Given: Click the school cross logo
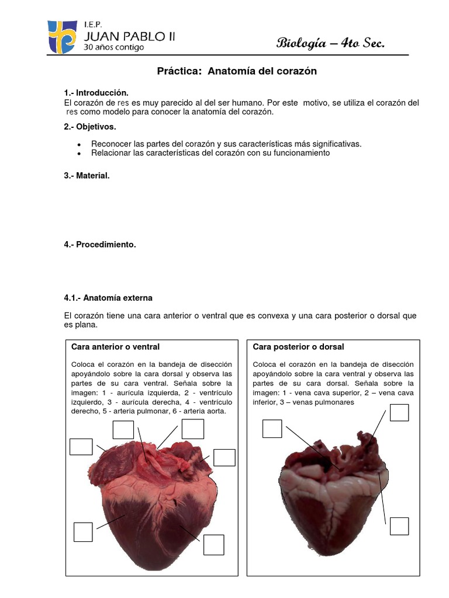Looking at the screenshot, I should [x=61, y=36].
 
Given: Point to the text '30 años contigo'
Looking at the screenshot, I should [x=113, y=47].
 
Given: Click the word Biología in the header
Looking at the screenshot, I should [x=304, y=43].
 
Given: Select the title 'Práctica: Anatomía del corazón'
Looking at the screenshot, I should [x=237, y=71].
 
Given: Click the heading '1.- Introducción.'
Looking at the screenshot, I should [x=95, y=93].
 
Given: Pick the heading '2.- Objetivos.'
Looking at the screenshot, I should [x=90, y=126].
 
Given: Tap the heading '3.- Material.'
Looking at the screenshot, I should [x=87, y=175].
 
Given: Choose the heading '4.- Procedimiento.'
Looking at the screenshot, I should [x=99, y=245].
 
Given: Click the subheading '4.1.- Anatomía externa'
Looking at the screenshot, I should [x=108, y=298].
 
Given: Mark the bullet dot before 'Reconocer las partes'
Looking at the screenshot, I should [x=78, y=144].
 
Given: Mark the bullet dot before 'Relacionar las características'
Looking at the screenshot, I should [x=78, y=154].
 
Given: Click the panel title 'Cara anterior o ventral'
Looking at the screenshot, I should [x=115, y=347].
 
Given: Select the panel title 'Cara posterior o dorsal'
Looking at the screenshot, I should [x=298, y=347].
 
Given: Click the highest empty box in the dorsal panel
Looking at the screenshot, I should [x=399, y=412].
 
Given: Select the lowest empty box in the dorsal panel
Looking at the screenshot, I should [x=399, y=526].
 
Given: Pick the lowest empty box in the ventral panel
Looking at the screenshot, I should [x=213, y=545].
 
